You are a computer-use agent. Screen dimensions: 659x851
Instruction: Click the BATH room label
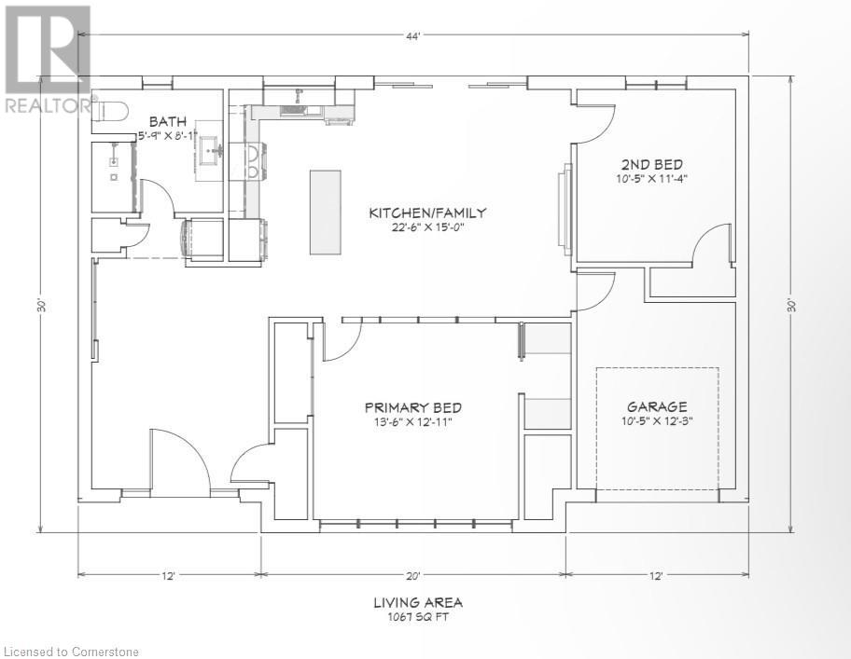169,121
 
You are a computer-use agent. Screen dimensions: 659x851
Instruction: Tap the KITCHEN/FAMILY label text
426,213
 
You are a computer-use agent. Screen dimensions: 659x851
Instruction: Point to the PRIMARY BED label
412,407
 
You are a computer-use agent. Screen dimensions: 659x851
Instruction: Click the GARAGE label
657,406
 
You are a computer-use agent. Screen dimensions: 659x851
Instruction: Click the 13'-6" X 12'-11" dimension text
412,423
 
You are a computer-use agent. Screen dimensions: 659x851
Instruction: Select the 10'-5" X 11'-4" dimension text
652,178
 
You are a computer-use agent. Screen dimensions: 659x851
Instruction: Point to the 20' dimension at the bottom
412,576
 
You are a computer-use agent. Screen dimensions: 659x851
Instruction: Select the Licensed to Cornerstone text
70,649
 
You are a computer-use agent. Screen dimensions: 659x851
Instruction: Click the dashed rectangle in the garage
658,429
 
